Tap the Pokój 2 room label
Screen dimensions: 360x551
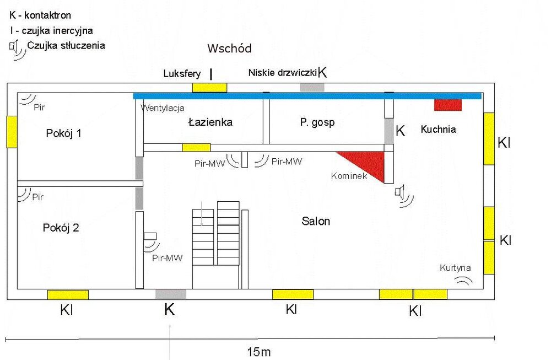(x=61, y=227)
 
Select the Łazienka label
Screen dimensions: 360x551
(x=210, y=122)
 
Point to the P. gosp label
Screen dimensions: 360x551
(x=317, y=122)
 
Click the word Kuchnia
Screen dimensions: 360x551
(x=438, y=130)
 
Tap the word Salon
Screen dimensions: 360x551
(x=316, y=221)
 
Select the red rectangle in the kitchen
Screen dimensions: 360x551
(x=447, y=105)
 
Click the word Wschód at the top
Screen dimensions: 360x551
(x=229, y=49)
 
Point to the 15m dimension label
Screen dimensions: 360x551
(x=258, y=352)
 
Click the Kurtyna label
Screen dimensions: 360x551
(x=455, y=268)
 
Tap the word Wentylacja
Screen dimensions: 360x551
(x=163, y=108)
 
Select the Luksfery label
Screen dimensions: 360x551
(x=182, y=73)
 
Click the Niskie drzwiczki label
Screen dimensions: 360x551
(x=283, y=72)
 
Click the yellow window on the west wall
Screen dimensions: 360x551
(x=12, y=132)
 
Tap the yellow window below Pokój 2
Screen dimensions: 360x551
(x=68, y=294)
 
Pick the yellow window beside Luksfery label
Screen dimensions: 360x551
(x=209, y=87)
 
